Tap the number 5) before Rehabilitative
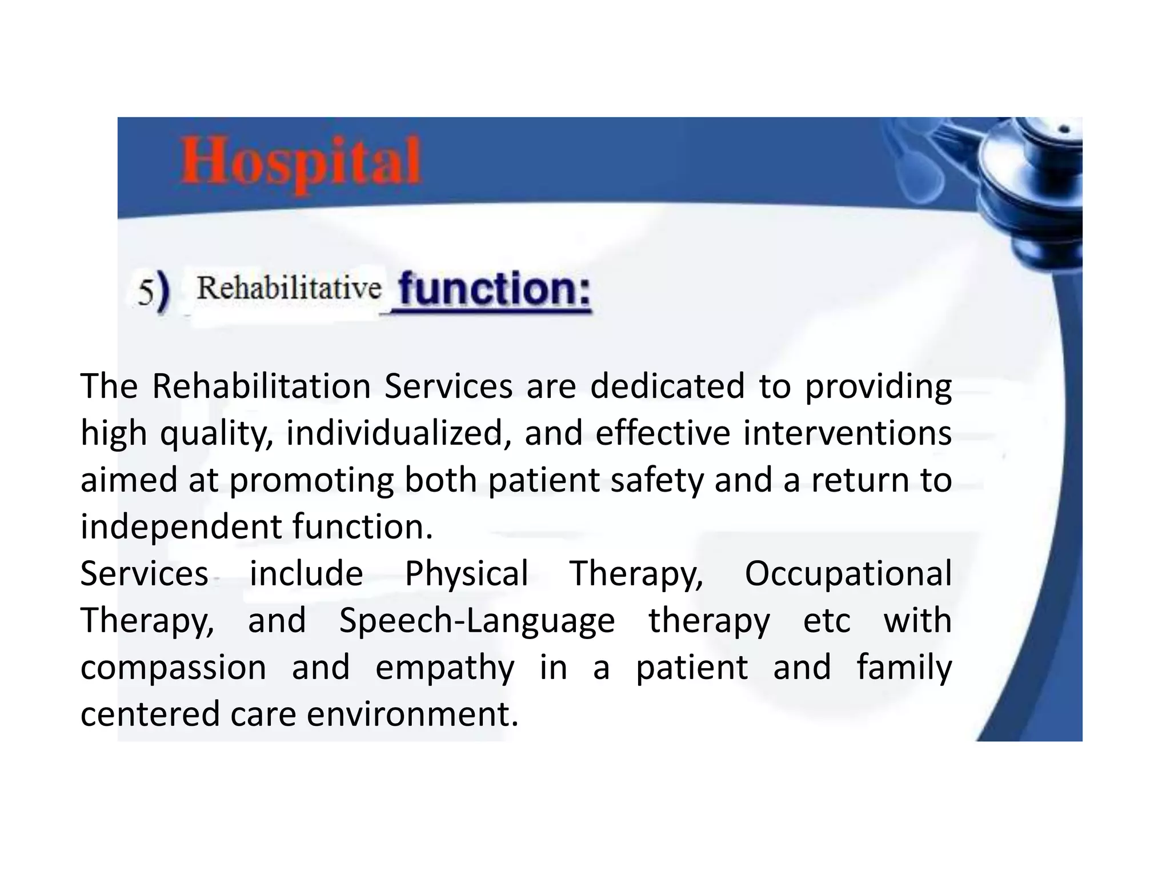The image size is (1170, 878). [x=154, y=292]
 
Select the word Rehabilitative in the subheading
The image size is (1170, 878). [x=289, y=288]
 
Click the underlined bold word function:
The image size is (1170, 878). [x=495, y=290]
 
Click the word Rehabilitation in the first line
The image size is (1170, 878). [x=261, y=386]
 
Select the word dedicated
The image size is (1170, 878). [x=667, y=386]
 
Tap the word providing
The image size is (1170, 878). [x=877, y=387]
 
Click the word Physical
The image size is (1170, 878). [x=466, y=574]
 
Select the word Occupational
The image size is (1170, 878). [x=848, y=574]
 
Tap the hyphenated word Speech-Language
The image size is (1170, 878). [x=477, y=621]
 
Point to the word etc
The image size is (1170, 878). [x=826, y=621]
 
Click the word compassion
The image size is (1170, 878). [x=173, y=668]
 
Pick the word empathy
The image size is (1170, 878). [x=444, y=668]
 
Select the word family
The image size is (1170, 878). [x=904, y=668]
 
